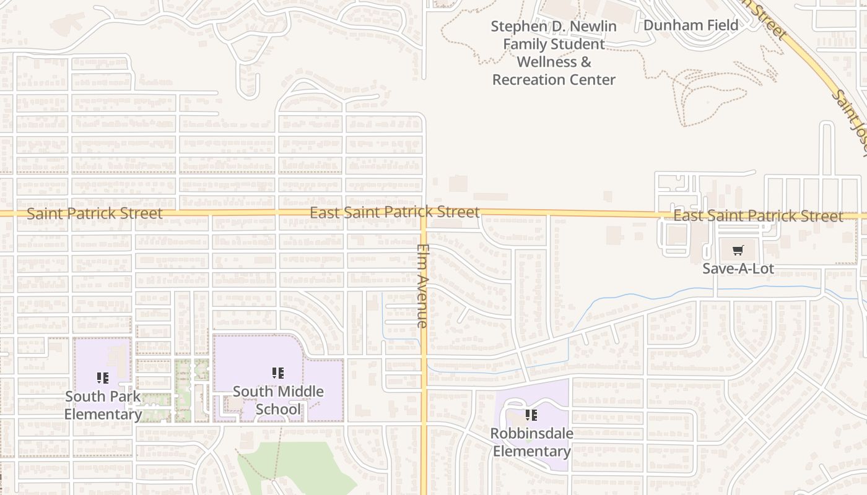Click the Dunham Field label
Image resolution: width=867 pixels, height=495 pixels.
[x=691, y=25]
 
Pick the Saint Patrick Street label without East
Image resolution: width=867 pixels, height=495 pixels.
[x=95, y=213]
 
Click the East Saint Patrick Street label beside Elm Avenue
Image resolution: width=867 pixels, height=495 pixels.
[x=394, y=212]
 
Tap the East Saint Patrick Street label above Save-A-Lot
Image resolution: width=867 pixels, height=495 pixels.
[x=758, y=216]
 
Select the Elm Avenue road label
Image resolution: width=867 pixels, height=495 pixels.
[x=423, y=285]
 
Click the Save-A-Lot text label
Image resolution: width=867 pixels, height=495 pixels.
[x=738, y=269]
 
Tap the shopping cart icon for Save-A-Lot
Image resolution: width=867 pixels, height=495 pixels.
[x=738, y=251]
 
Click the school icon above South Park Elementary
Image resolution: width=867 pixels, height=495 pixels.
[x=103, y=377]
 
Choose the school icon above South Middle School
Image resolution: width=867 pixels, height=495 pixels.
[x=278, y=373]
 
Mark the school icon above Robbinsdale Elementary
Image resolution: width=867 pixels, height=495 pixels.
[x=531, y=415]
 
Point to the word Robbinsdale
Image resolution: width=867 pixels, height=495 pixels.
[x=531, y=433]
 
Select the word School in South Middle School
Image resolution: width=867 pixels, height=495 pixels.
[x=278, y=409]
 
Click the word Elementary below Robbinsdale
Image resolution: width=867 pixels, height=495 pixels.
[x=531, y=451]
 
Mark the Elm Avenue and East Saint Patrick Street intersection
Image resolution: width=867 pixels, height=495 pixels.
[x=424, y=213]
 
